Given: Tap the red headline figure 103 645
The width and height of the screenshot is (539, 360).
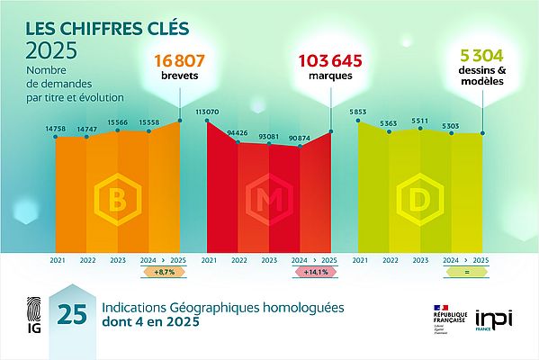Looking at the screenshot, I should (331, 61).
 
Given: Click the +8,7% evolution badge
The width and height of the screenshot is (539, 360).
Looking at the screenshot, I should (164, 271).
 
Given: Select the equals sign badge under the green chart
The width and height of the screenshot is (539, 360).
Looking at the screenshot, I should (466, 271).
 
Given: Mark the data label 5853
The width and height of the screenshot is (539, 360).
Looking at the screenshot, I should (359, 112).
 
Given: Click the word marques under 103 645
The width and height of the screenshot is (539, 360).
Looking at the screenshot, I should (331, 76).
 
